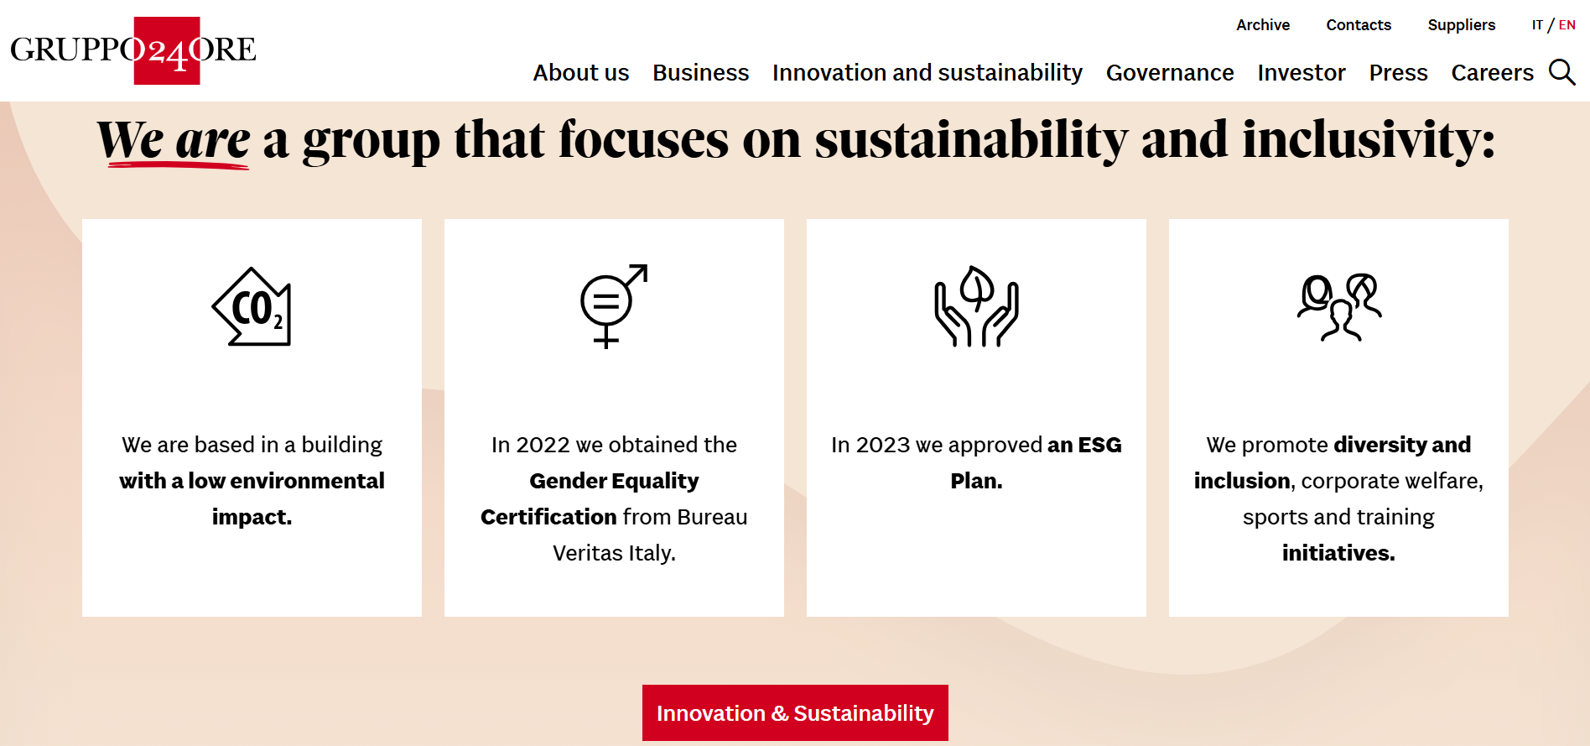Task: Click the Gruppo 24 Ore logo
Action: pos(133,50)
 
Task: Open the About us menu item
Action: pos(581,73)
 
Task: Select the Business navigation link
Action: pos(701,73)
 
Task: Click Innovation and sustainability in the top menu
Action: pos(927,73)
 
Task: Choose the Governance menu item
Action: pos(1170,73)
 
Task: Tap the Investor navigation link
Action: pos(1302,73)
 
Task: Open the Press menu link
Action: pos(1398,73)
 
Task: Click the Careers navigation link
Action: pos(1492,73)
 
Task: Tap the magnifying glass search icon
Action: pos(1561,72)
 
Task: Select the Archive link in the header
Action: pos(1263,25)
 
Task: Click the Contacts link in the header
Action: pos(1359,25)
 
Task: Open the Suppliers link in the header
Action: pos(1462,25)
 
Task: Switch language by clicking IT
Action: pos(1537,25)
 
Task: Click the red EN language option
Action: pos(1567,25)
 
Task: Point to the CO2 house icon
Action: pos(252,306)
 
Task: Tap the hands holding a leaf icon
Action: pos(976,306)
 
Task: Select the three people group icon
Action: pos(1339,307)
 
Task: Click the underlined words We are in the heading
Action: pos(174,140)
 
